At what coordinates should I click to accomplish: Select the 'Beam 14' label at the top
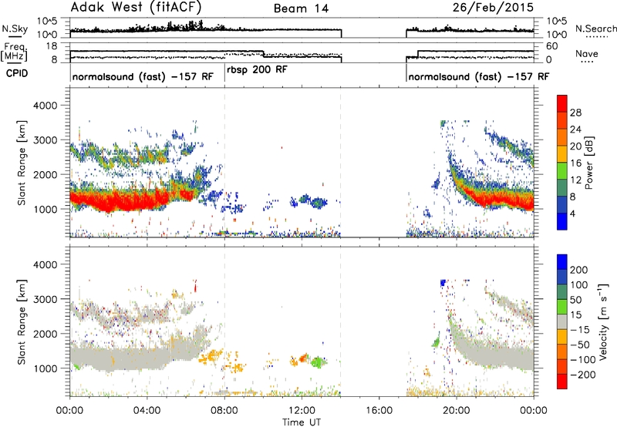(301, 8)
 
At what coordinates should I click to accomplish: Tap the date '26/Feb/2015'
(493, 8)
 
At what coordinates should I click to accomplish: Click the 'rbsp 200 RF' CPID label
(257, 70)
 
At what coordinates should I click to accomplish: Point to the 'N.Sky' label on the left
(15, 29)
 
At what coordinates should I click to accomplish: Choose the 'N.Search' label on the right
(595, 29)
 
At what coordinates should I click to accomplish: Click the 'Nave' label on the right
(587, 54)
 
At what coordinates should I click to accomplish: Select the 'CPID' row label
(17, 73)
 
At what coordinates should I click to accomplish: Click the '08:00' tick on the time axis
(224, 411)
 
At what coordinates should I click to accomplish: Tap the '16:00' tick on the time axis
(379, 411)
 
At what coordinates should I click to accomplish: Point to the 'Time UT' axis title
(302, 422)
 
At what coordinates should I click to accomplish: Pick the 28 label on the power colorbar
(575, 113)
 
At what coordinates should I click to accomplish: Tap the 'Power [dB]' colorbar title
(589, 163)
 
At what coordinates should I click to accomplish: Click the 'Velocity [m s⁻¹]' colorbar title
(603, 321)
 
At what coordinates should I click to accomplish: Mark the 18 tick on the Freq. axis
(52, 46)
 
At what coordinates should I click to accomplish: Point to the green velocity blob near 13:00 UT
(318, 361)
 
